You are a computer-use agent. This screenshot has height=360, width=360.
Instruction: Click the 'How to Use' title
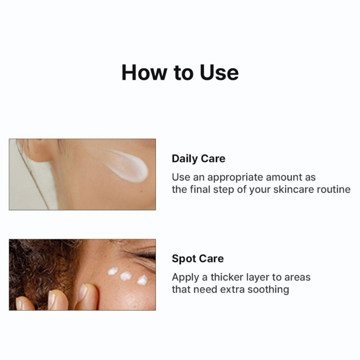coord(180,73)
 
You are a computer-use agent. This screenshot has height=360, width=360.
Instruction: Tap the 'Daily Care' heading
coord(199,159)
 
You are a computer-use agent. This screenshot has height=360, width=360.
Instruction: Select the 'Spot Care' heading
coord(198,259)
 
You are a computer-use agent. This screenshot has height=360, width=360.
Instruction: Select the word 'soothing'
coord(268,290)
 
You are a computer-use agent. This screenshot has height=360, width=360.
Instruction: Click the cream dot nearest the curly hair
coord(113,271)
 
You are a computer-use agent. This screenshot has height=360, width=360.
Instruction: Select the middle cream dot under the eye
coord(126,276)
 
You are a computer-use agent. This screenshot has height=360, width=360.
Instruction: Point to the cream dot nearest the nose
coord(142,280)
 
